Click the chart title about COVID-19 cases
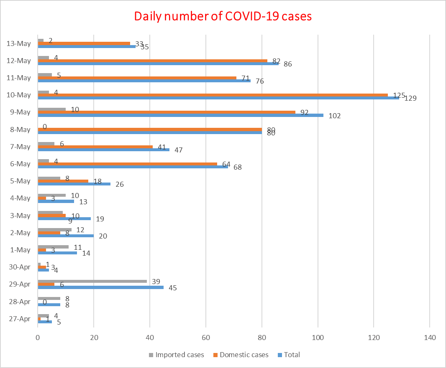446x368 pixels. pyautogui.click(x=223, y=16)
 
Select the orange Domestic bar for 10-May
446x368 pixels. pyautogui.click(x=213, y=95)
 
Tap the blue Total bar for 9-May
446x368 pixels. pyautogui.click(x=180, y=115)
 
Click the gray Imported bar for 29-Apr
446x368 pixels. pyautogui.click(x=92, y=281)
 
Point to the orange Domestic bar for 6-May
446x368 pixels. pyautogui.click(x=127, y=164)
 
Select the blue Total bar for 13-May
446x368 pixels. pyautogui.click(x=87, y=46)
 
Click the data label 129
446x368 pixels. pyautogui.click(x=411, y=99)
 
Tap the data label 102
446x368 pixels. pyautogui.click(x=334, y=116)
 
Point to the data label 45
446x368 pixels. pyautogui.click(x=172, y=288)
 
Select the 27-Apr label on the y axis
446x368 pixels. pyautogui.click(x=20, y=319)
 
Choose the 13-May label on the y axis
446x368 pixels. pyautogui.click(x=19, y=43)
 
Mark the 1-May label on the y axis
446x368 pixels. pyautogui.click(x=20, y=250)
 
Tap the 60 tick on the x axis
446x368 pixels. pyautogui.click(x=206, y=338)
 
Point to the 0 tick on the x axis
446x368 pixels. pyautogui.click(x=38, y=338)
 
